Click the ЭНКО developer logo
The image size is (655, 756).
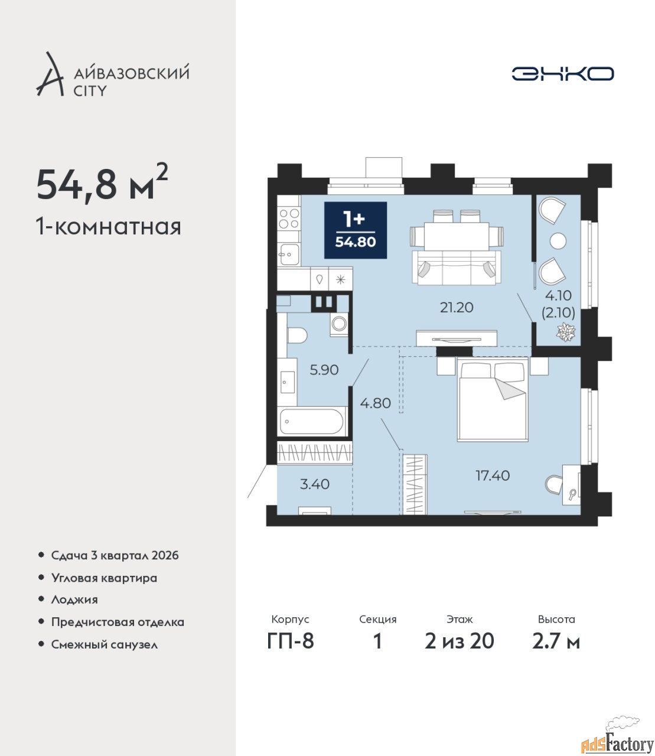pyautogui.click(x=562, y=73)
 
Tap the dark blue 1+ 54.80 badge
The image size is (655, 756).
pyautogui.click(x=356, y=230)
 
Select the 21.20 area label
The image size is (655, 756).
pyautogui.click(x=457, y=308)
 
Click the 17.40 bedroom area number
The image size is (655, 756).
pyautogui.click(x=492, y=475)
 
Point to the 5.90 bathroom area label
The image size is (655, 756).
pyautogui.click(x=324, y=370)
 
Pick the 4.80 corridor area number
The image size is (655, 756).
pyautogui.click(x=376, y=403)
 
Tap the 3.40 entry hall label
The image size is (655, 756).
pyautogui.click(x=315, y=484)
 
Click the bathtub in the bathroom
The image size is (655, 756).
pyautogui.click(x=312, y=421)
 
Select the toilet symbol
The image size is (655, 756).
pyautogui.click(x=296, y=335)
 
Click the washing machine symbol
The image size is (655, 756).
pyautogui.click(x=339, y=324)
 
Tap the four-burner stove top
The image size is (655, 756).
pyautogui.click(x=289, y=218)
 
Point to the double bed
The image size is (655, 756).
pyautogui.click(x=493, y=399)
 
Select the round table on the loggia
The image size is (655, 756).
pyautogui.click(x=558, y=241)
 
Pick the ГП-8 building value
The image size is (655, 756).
pyautogui.click(x=291, y=641)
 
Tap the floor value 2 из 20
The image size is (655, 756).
pyautogui.click(x=460, y=641)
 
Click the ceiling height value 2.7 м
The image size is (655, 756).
pyautogui.click(x=556, y=641)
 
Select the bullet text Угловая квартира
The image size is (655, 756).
pyautogui.click(x=104, y=579)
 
